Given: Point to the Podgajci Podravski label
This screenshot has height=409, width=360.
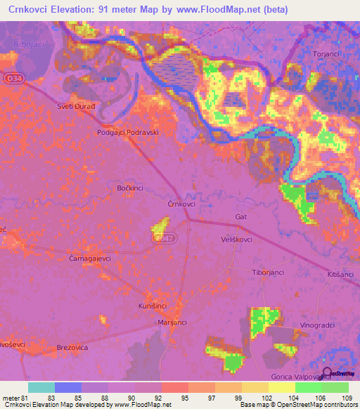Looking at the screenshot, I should click(128, 132).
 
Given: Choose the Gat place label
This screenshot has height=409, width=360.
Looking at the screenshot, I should click(242, 217).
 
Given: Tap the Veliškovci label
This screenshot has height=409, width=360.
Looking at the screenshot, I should click(237, 239).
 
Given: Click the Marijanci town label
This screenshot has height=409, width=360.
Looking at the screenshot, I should click(172, 322).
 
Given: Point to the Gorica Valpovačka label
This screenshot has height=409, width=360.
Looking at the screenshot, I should click(310, 377).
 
